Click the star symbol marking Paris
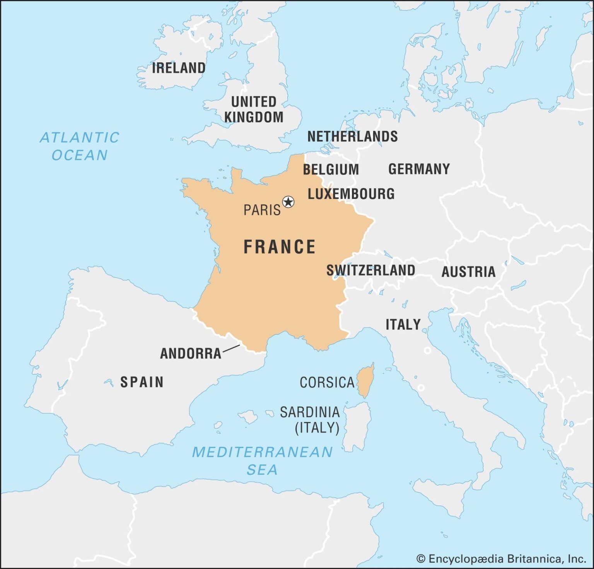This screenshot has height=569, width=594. (288, 202)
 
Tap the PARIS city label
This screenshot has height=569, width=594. (262, 210)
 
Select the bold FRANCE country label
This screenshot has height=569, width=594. (279, 247)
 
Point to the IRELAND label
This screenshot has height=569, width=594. (179, 68)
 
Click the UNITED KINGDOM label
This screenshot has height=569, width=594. (254, 109)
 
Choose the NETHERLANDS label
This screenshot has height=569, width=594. (352, 136)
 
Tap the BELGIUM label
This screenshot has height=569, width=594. (331, 169)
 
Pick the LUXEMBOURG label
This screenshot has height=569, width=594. (351, 194)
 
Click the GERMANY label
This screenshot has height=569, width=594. (419, 169)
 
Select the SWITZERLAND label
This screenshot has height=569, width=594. (370, 270)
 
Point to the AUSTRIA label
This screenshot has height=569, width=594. (468, 272)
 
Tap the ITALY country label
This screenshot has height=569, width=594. (403, 324)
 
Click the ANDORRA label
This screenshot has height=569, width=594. (191, 353)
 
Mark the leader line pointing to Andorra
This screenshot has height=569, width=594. (232, 348)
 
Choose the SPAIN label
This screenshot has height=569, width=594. (142, 382)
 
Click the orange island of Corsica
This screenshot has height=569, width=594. (365, 381)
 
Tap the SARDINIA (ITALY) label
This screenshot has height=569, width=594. (310, 420)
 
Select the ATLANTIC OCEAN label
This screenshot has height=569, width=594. (80, 146)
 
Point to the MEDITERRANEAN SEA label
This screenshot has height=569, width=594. (262, 460)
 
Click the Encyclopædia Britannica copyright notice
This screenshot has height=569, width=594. (501, 559)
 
